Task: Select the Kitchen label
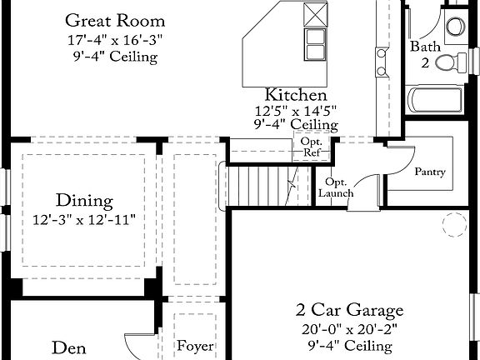coord(296,95)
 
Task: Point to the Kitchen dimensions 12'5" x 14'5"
coord(296,110)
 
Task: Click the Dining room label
coord(84,200)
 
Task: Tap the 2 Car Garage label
coord(350,310)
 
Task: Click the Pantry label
coord(430,172)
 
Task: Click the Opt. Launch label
coord(336,187)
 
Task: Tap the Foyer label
coord(195,345)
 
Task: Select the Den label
coord(70,347)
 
